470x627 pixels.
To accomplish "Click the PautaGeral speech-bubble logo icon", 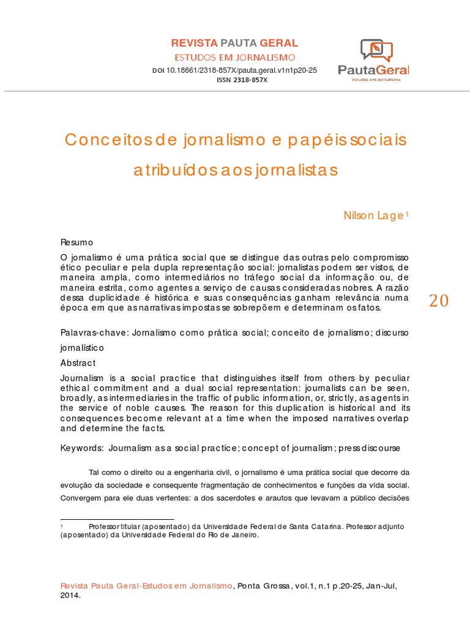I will point(376,50).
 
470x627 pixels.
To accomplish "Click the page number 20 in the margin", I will point(439,301).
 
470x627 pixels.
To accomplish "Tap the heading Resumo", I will point(76,242).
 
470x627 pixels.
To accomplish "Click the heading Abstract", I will point(78,362).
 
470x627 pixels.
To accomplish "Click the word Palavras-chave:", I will point(90,332).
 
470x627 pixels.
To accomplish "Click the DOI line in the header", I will point(234,71).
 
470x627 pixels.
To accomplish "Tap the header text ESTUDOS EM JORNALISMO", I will point(234,58).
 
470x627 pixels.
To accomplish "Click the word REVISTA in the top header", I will point(194,43).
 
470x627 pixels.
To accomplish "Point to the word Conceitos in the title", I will point(103,140).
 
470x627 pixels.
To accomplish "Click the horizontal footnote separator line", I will point(117,519).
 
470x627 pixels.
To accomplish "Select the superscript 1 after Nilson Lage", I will point(406,214).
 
